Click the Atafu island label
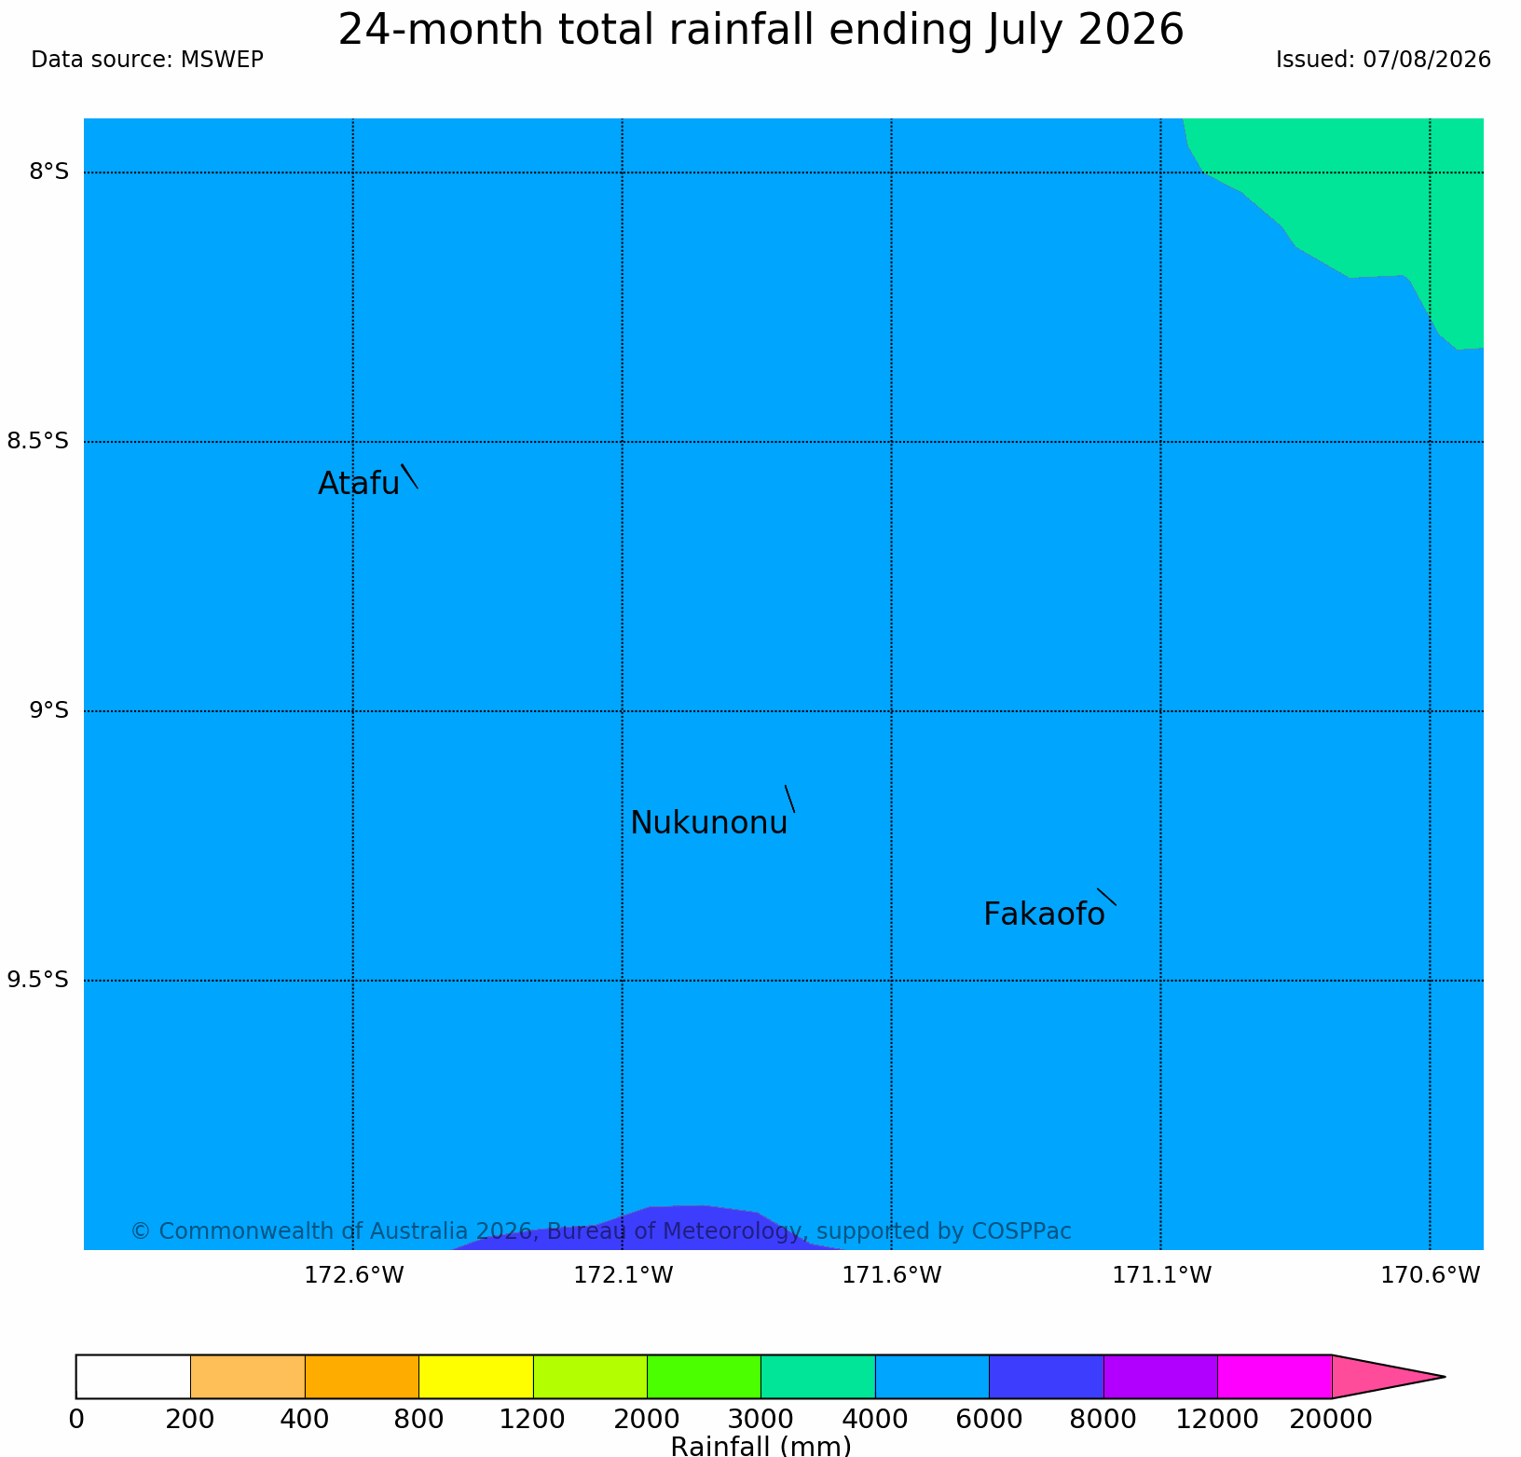pyautogui.click(x=359, y=484)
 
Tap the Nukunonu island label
pyautogui.click(x=709, y=823)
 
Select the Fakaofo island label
pyautogui.click(x=1044, y=914)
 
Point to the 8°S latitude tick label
pyautogui.click(x=48, y=172)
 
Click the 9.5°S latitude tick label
pyautogui.click(x=38, y=980)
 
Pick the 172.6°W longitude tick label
pyautogui.click(x=354, y=1275)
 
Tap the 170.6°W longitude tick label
pyautogui.click(x=1430, y=1275)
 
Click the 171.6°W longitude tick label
pyautogui.click(x=892, y=1275)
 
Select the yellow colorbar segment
pyautogui.click(x=476, y=1377)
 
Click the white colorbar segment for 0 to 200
pyautogui.click(x=133, y=1377)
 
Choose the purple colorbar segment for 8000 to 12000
pyautogui.click(x=1160, y=1377)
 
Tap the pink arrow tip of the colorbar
pyautogui.click(x=1445, y=1377)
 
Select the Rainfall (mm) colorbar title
pyautogui.click(x=760, y=1446)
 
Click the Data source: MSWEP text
pyautogui.click(x=147, y=60)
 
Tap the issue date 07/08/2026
pyautogui.click(x=1427, y=60)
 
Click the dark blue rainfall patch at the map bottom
pyautogui.click(x=671, y=1229)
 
